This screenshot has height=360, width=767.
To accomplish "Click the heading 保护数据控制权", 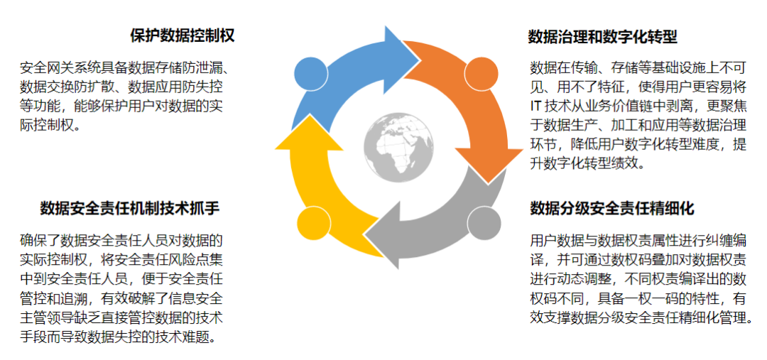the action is pyautogui.click(x=183, y=35).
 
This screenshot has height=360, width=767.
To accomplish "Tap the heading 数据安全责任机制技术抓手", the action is pyautogui.click(x=129, y=208).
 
